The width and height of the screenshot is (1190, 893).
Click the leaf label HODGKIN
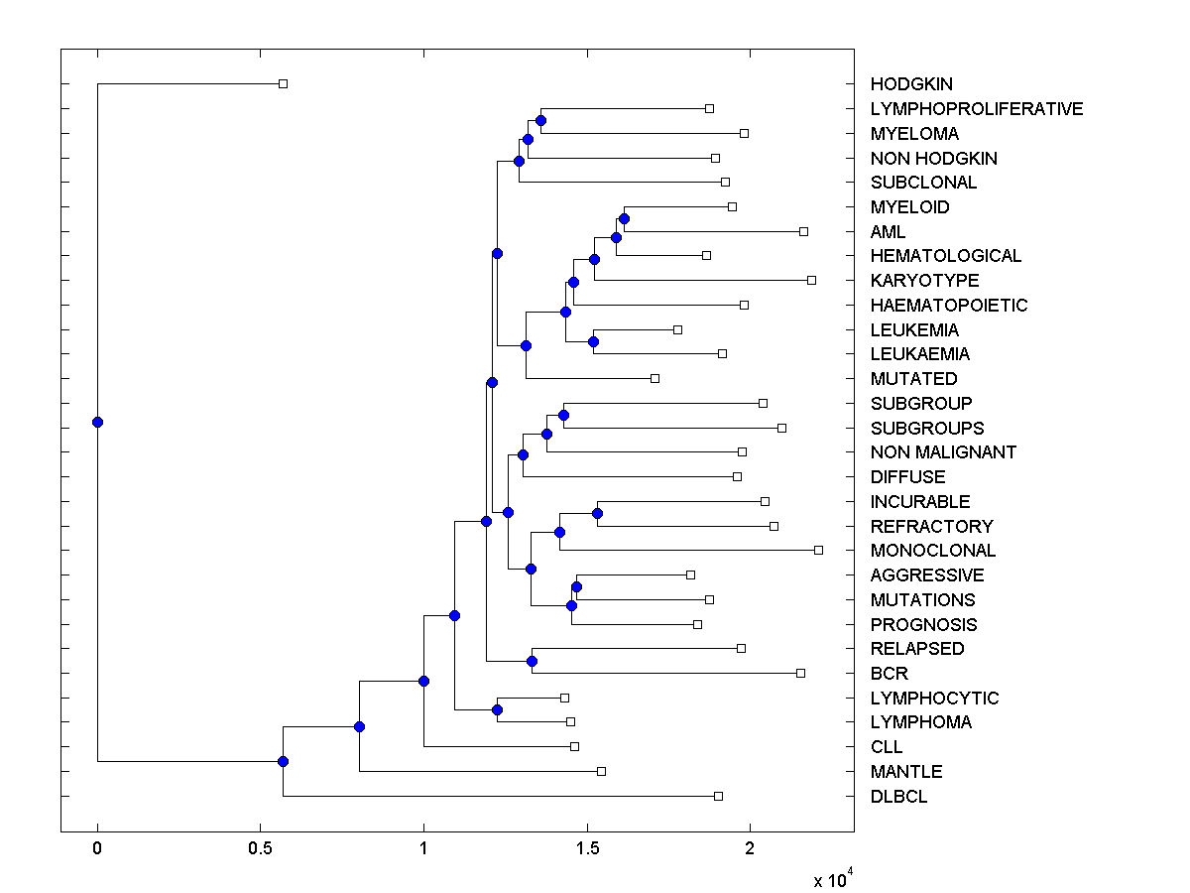tap(911, 84)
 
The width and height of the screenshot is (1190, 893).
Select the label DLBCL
tap(899, 797)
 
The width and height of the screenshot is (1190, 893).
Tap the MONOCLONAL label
tap(933, 551)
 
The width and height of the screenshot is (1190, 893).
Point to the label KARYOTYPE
tap(924, 281)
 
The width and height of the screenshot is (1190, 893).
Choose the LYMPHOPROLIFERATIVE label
tap(977, 109)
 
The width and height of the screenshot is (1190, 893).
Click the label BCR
tap(890, 674)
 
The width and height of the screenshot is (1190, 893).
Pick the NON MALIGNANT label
tap(943, 452)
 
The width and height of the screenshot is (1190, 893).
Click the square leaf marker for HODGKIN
tap(283, 83)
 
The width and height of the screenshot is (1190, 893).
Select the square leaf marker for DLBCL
tap(718, 796)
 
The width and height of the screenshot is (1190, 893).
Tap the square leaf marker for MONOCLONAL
tap(818, 550)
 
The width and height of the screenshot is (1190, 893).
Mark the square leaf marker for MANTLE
tap(601, 771)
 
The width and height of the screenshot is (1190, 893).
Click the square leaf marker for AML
tap(803, 231)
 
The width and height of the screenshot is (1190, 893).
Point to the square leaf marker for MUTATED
tap(654, 378)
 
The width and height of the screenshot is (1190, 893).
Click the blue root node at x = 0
tap(97, 422)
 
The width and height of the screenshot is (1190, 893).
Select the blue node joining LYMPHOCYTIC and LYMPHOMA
tap(497, 709)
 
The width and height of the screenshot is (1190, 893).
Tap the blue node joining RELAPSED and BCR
tap(532, 661)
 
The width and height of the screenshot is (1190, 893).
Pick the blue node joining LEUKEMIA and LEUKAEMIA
tap(593, 341)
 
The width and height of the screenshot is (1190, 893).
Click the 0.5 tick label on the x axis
tap(260, 848)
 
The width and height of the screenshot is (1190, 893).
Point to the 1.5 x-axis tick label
tap(587, 848)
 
